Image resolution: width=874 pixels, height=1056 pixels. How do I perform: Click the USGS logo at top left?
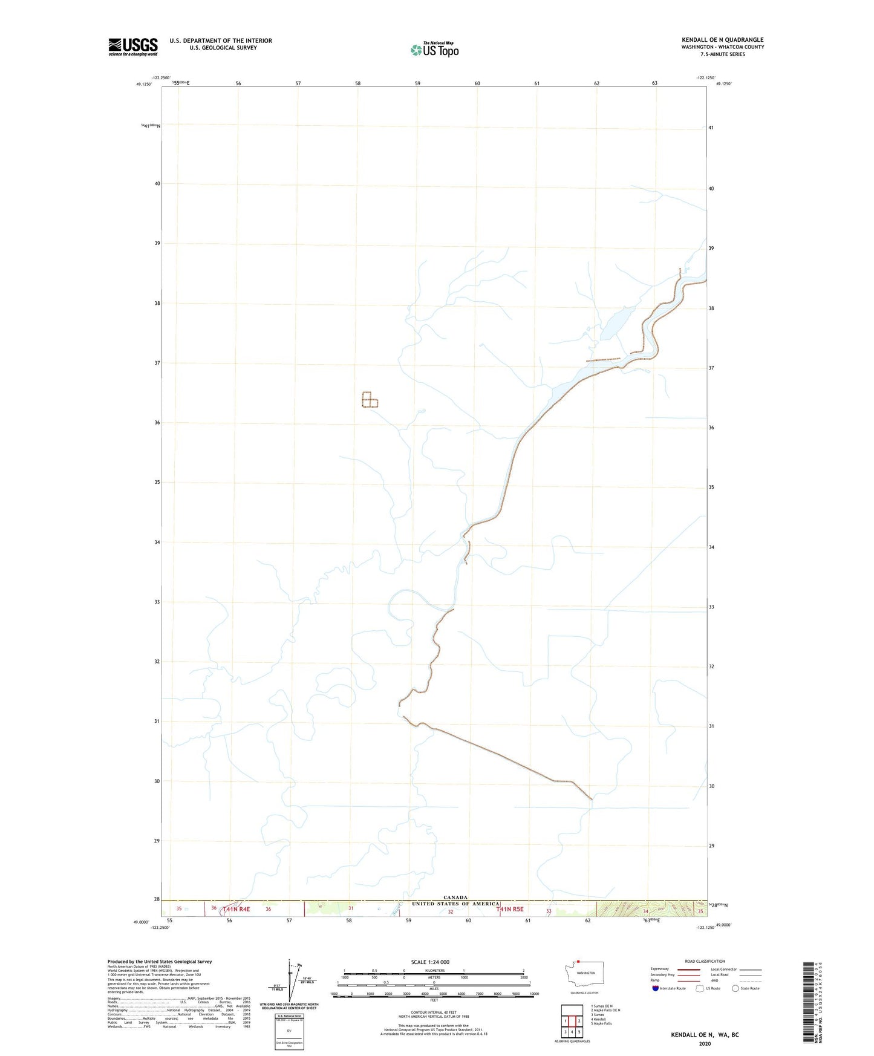coord(133,47)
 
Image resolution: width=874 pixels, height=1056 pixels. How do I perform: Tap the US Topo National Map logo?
coord(434,49)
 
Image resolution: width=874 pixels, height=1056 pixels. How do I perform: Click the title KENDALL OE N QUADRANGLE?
coord(722,40)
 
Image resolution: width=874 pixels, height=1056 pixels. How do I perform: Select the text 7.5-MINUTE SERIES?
coord(722,54)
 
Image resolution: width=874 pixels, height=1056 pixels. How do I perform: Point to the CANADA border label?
coord(455,898)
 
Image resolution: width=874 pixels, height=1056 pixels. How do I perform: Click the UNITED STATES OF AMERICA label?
coord(455,904)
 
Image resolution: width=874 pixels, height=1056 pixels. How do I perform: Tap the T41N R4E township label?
coord(236,909)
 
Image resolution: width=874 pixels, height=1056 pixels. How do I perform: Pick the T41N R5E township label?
coord(510,909)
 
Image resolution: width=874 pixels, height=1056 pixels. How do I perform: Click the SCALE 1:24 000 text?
coord(430,962)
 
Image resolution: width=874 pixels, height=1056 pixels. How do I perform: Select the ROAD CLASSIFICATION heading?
coord(705,961)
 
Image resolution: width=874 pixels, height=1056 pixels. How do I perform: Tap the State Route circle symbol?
coord(735,989)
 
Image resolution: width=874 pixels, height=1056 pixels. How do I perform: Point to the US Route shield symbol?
coord(700,989)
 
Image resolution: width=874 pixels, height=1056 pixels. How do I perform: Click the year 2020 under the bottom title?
coord(705,1043)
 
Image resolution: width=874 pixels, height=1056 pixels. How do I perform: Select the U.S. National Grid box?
coord(289,1031)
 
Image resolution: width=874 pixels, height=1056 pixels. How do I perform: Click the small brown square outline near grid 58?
coord(370,400)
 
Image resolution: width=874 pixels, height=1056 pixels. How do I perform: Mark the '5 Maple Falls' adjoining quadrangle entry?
coord(602,1023)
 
